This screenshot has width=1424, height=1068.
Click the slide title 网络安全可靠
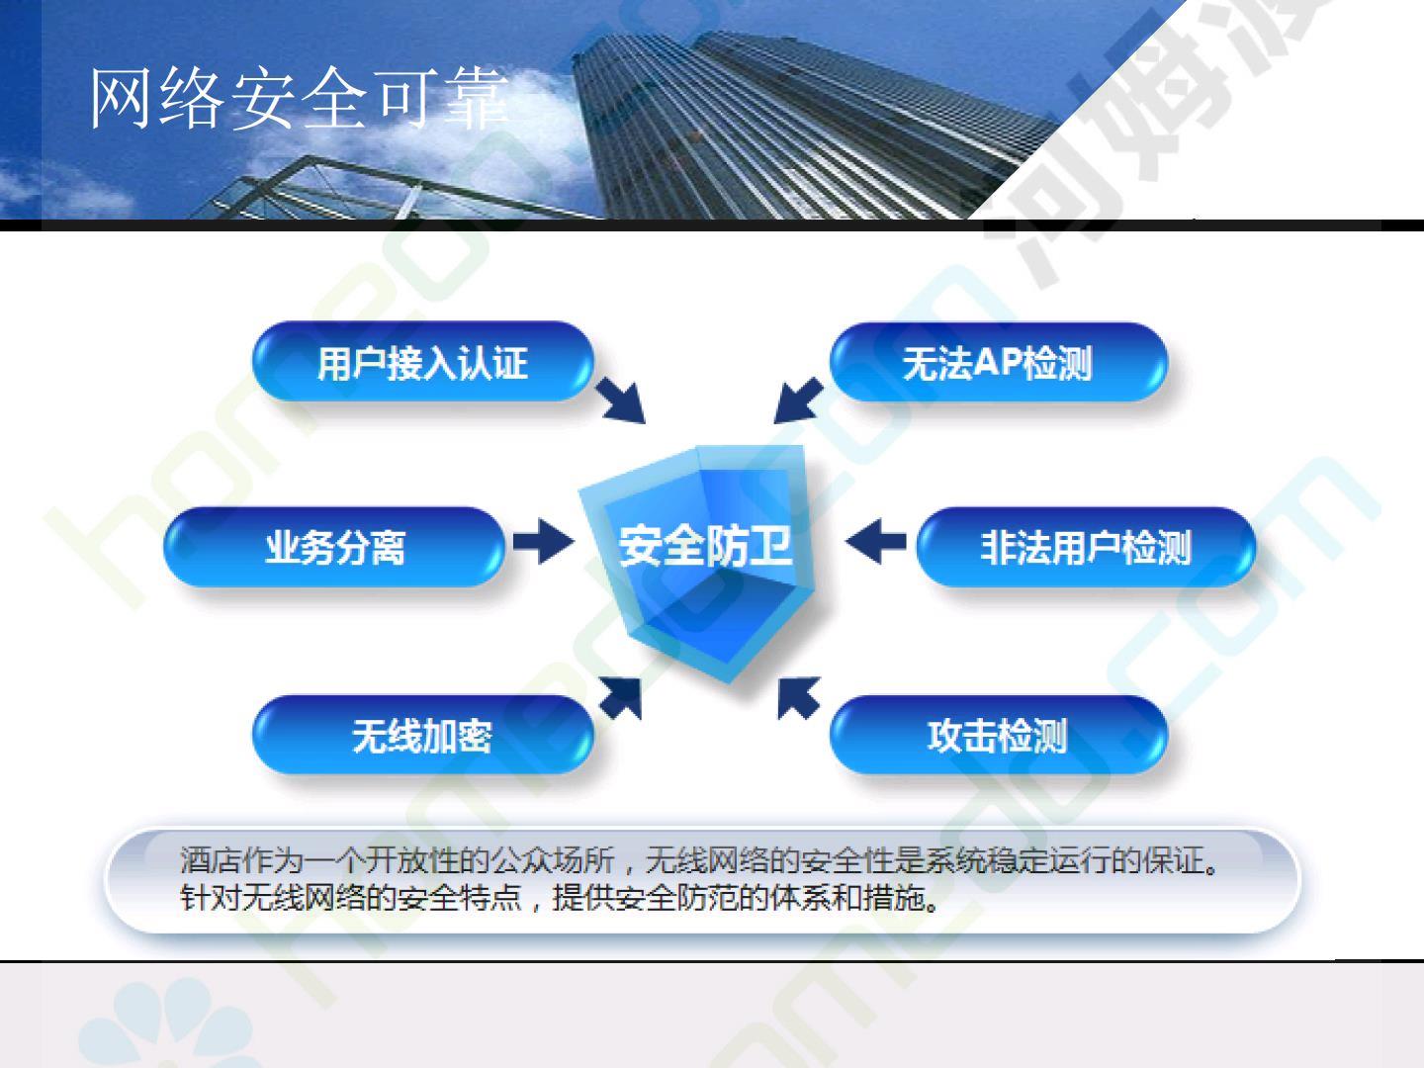(x=299, y=98)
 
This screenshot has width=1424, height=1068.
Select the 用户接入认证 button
(x=423, y=362)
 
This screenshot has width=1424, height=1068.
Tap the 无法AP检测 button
(x=999, y=362)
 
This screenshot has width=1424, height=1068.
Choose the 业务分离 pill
(x=335, y=547)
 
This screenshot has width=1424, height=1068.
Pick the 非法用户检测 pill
(x=1086, y=547)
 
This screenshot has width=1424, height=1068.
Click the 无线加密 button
(x=423, y=736)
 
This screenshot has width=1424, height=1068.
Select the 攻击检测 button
(x=999, y=736)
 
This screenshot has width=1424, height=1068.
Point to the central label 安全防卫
(x=705, y=546)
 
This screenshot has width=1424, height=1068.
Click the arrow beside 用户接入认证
(x=621, y=400)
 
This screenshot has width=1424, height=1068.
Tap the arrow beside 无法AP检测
(x=799, y=400)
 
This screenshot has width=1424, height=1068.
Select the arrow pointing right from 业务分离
(x=544, y=541)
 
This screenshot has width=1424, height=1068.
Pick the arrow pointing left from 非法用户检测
(x=876, y=541)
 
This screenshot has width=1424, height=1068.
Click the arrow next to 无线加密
(x=621, y=698)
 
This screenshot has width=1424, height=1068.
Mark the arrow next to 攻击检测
(x=799, y=698)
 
